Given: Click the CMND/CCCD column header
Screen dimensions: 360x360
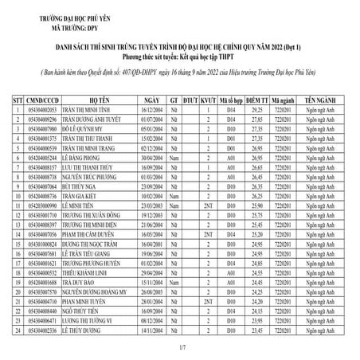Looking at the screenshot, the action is tap(42, 100).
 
